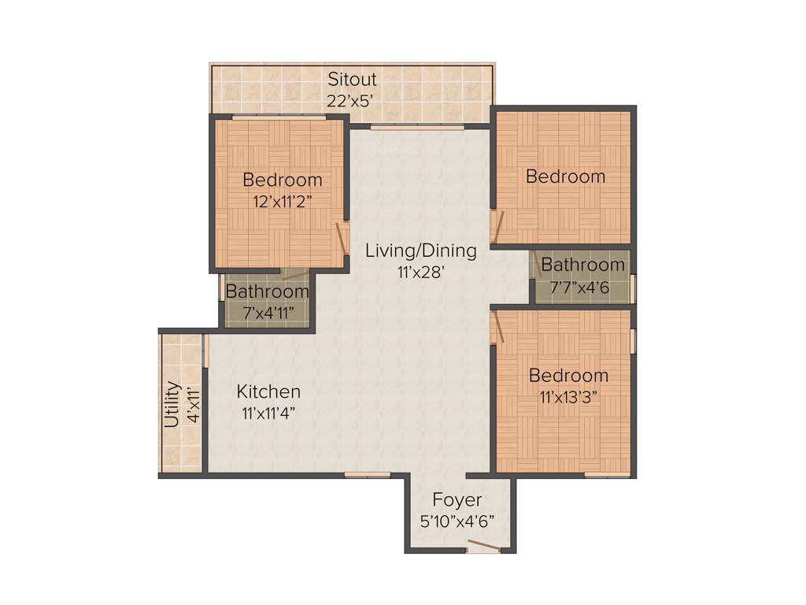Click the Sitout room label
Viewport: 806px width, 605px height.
pyautogui.click(x=352, y=80)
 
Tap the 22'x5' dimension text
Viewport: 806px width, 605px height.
pyautogui.click(x=352, y=100)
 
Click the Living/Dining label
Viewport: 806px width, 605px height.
pyautogui.click(x=421, y=251)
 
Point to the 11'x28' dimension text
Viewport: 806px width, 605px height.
pyautogui.click(x=421, y=273)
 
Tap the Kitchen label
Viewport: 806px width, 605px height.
pyautogui.click(x=269, y=392)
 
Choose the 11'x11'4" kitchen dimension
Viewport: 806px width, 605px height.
pyautogui.click(x=269, y=412)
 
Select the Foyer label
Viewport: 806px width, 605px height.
pyautogui.click(x=457, y=500)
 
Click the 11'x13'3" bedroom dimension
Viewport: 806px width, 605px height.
pyautogui.click(x=568, y=396)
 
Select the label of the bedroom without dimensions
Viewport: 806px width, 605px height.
pyautogui.click(x=565, y=176)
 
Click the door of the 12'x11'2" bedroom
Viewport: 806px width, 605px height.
pyautogui.click(x=342, y=236)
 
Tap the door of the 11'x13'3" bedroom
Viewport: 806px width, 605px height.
pyautogui.click(x=497, y=326)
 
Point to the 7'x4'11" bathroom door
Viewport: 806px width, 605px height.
pyautogui.click(x=295, y=276)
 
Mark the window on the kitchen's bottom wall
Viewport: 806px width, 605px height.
pyautogui.click(x=368, y=474)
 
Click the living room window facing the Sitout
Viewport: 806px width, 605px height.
pyautogui.click(x=416, y=126)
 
